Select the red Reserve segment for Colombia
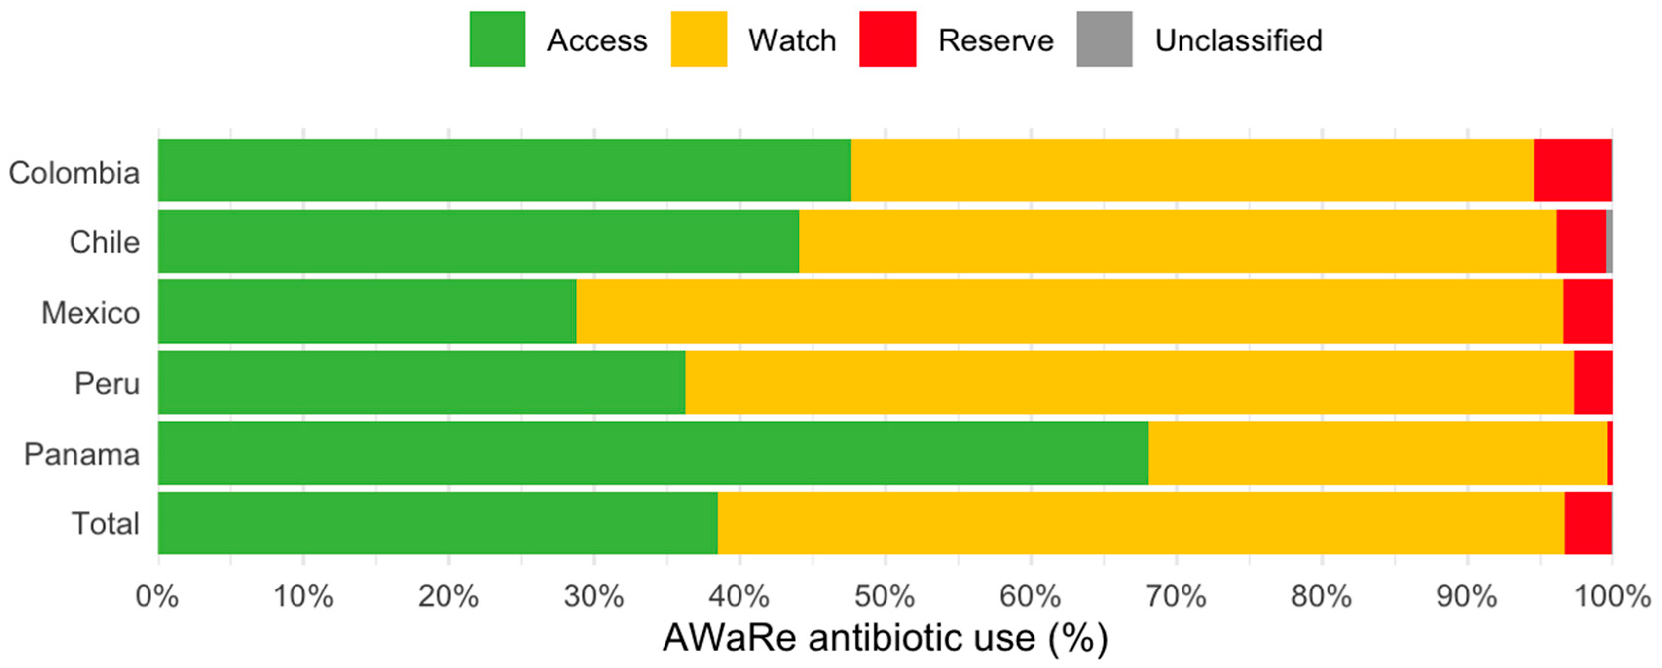click(x=1572, y=170)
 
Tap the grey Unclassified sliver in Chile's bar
click(x=1609, y=241)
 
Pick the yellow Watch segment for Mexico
click(x=1069, y=311)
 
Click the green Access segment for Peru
click(x=421, y=382)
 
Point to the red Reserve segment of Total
click(x=1588, y=523)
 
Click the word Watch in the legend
click(x=792, y=40)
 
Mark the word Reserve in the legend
click(x=996, y=40)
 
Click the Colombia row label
click(x=74, y=173)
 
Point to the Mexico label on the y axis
click(x=90, y=313)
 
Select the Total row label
click(x=105, y=523)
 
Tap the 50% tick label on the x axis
click(x=885, y=597)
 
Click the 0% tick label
click(x=157, y=597)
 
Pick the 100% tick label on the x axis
click(x=1611, y=597)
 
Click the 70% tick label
click(x=1176, y=597)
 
